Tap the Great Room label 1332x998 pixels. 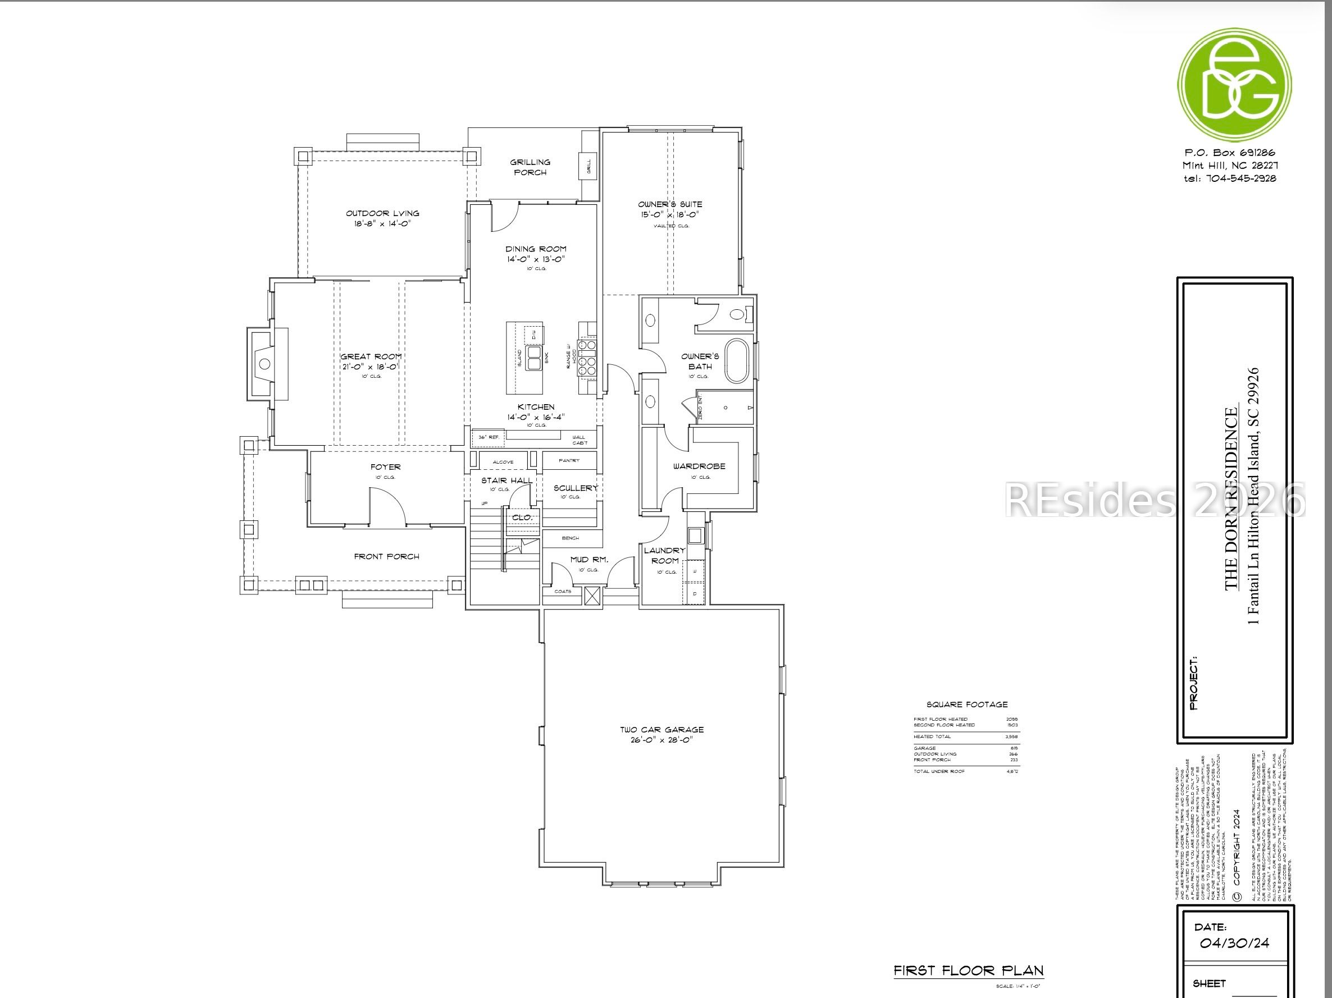coord(371,356)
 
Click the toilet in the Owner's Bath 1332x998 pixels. coord(739,314)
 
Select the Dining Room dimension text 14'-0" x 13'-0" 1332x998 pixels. coord(536,259)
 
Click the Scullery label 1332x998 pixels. coord(576,488)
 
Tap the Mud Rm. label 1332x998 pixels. coord(589,559)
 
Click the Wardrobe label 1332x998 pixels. coord(699,466)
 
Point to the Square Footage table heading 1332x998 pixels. coord(966,704)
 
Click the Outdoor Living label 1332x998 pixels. coord(382,213)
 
